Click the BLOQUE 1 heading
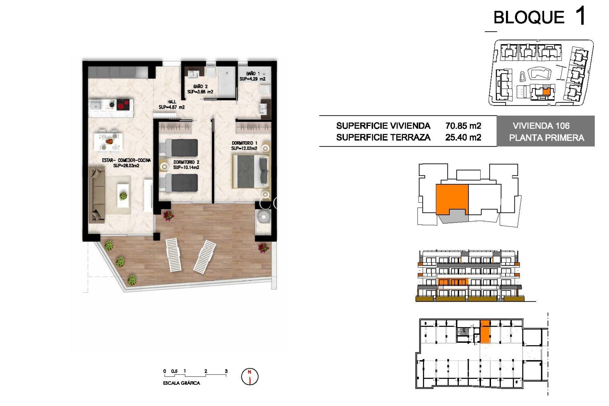pos(539,17)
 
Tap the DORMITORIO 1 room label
pos(244,146)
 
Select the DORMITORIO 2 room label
pos(186,165)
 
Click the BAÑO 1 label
pos(252,76)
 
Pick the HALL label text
pos(172,104)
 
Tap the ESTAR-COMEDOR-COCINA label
pos(126,163)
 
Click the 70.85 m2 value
pos(463,126)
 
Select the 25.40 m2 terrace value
pos(463,137)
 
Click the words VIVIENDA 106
pos(541,126)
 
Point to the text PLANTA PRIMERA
pos(546,138)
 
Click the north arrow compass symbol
pos(250,377)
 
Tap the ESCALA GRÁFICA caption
pos(181,383)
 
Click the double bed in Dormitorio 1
pos(251,171)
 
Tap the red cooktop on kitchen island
pos(123,104)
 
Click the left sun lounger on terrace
pos(173,255)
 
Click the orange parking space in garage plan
pos(485,331)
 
